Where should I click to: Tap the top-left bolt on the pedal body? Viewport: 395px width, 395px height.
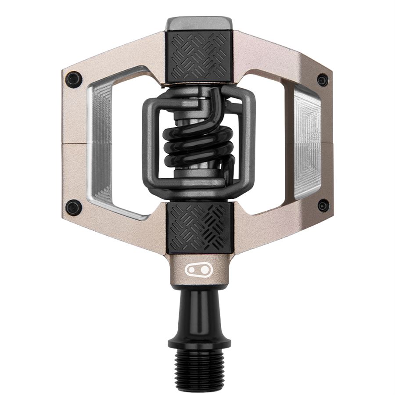73,79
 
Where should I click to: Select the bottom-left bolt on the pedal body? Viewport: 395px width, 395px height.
73,207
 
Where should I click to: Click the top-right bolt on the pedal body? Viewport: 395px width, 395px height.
323,80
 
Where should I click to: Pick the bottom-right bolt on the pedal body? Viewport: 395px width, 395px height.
323,205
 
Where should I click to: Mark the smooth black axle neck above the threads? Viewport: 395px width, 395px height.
198,312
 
